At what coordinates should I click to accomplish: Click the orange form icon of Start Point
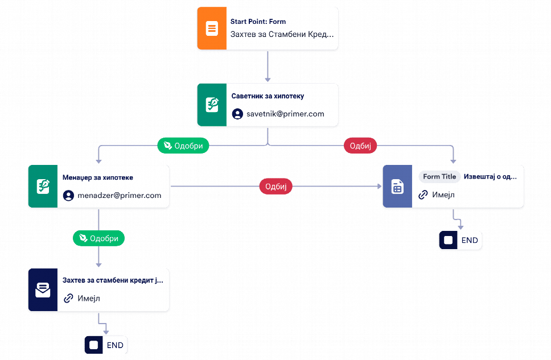tap(212, 28)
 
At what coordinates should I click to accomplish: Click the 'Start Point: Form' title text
tap(258, 22)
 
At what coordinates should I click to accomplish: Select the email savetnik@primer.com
tap(285, 114)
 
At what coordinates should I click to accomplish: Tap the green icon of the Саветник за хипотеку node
tap(212, 105)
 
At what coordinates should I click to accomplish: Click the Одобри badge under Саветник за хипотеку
tap(183, 146)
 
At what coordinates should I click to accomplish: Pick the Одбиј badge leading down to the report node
tap(360, 146)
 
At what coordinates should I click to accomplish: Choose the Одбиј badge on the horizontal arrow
tap(276, 186)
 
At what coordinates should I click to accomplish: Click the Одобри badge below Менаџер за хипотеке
tap(98, 238)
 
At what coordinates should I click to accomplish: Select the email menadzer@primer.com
tap(120, 195)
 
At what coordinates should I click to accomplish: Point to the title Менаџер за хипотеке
tap(98, 177)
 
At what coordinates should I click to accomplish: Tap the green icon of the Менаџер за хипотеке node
tap(43, 186)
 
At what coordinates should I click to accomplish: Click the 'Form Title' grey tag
tap(439, 177)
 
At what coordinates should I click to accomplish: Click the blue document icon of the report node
tap(397, 186)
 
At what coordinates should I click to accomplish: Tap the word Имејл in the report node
tap(443, 195)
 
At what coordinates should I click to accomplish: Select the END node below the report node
tap(460, 240)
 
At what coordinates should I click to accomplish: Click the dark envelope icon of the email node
tap(43, 289)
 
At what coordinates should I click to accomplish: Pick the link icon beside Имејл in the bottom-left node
tap(68, 298)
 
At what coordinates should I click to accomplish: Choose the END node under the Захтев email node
tap(106, 345)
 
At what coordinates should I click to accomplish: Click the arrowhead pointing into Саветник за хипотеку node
tap(268, 80)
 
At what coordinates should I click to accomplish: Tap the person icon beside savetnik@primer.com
tap(237, 114)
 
